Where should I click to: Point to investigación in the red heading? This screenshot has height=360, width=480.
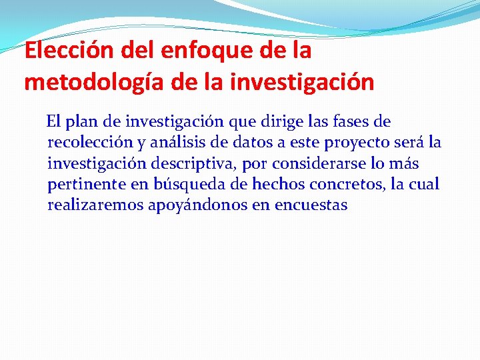coord(303,83)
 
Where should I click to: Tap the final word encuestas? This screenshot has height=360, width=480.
coord(311,205)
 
